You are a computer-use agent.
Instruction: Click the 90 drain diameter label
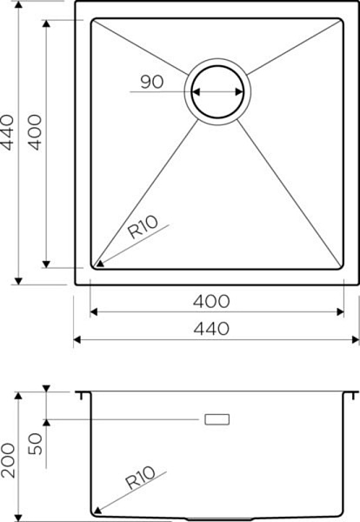point(152,82)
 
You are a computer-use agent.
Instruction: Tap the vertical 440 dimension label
point(7,132)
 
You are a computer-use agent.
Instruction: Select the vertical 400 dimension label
point(35,132)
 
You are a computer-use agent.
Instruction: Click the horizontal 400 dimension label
point(211,301)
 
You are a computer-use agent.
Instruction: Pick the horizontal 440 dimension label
point(211,329)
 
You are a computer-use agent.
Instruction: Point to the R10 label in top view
point(143,227)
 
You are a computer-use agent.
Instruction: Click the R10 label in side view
point(140,477)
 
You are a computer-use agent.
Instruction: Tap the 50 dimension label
point(36,444)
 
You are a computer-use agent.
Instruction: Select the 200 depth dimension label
point(8,460)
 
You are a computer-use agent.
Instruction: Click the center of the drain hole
point(217,92)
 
